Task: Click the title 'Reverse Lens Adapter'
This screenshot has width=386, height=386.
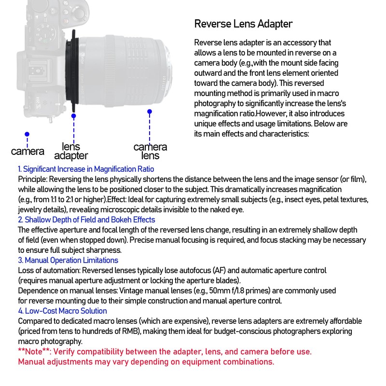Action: [x=243, y=24]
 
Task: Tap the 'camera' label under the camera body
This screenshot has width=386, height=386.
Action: [x=28, y=152]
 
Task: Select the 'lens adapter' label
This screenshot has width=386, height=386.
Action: [x=71, y=151]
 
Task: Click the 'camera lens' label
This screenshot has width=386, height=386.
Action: [x=150, y=151]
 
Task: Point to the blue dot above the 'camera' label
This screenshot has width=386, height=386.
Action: [x=27, y=134]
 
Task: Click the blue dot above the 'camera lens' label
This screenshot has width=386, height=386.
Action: [x=150, y=111]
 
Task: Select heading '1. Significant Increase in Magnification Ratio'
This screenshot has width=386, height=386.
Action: [x=86, y=169]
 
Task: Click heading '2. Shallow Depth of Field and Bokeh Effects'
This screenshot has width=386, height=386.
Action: [x=86, y=220]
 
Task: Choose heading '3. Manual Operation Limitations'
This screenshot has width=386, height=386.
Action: [x=68, y=260]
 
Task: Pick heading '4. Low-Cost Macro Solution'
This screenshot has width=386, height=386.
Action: [x=62, y=311]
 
